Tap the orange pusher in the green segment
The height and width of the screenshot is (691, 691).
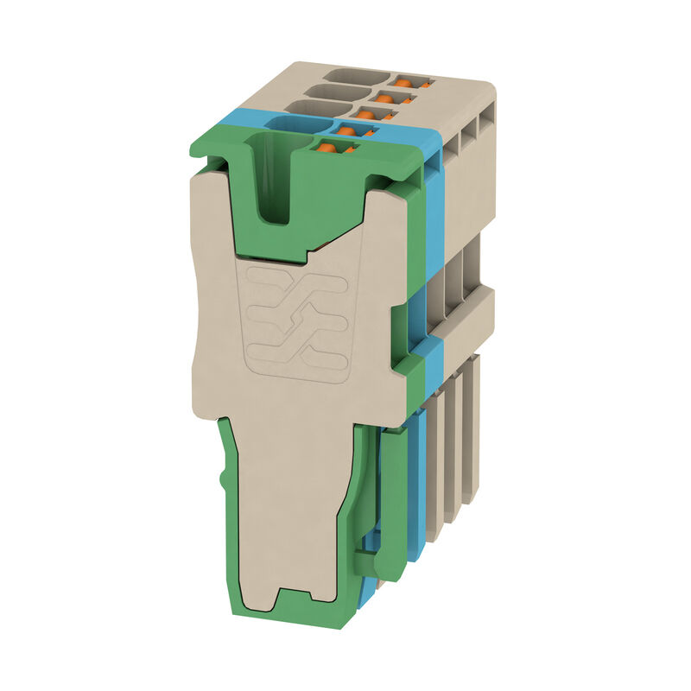click(x=326, y=149)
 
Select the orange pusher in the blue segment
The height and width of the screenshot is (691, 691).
click(x=346, y=131)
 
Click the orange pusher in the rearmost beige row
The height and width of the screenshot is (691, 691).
click(x=403, y=81)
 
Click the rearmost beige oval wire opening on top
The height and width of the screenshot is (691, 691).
click(x=356, y=76)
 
